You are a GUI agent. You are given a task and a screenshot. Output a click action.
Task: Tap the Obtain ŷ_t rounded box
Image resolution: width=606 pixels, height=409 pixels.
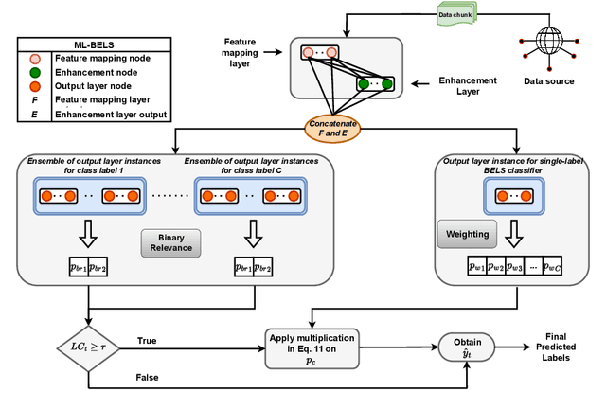click(469, 348)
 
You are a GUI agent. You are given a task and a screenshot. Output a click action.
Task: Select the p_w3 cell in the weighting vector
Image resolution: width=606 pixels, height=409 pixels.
click(515, 269)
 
